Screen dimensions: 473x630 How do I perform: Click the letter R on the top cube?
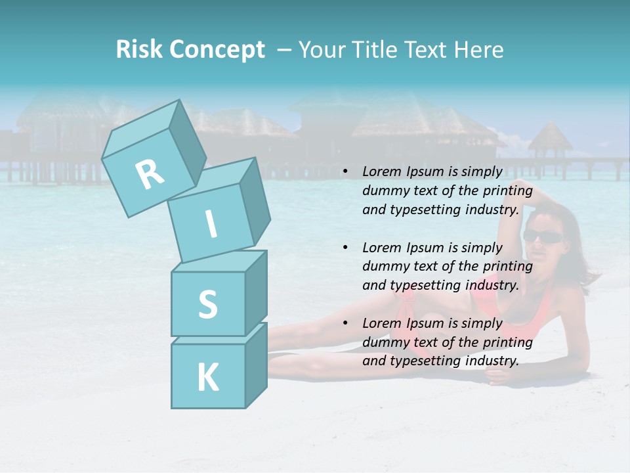point(150,174)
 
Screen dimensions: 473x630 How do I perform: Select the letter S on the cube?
point(207,304)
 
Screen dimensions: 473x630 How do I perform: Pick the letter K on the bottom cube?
point(207,377)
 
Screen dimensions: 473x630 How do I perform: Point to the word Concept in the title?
point(217,51)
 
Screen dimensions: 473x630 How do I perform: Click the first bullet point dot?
point(345,172)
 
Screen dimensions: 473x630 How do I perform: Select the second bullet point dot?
point(345,248)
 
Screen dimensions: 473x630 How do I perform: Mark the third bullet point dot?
point(345,324)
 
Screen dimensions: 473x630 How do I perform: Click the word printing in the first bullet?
point(507,191)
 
